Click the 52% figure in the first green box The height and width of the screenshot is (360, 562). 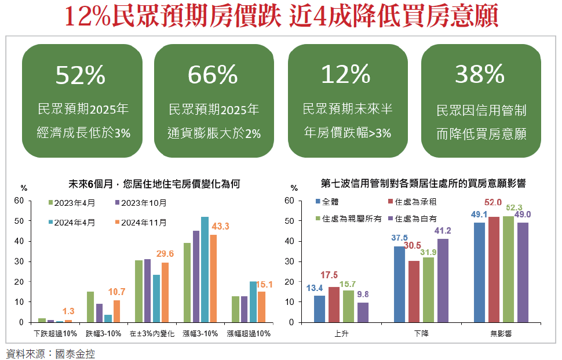[81, 75]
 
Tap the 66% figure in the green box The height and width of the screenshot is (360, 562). [213, 75]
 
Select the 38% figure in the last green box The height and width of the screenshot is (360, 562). [480, 75]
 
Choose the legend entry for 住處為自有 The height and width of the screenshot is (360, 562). [412, 219]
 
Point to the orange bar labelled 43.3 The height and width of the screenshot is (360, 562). [213, 278]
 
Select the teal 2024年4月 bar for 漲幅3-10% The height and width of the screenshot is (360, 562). [205, 270]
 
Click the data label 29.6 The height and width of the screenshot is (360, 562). [165, 253]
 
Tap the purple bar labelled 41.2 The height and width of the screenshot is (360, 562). [443, 281]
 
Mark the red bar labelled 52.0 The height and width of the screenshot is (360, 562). [494, 270]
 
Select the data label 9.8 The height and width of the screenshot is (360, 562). [363, 294]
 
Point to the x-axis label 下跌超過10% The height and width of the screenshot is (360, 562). [55, 333]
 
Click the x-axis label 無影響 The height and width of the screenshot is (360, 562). [500, 334]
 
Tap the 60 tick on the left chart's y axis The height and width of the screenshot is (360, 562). [19, 201]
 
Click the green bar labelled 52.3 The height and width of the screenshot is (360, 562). [508, 269]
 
